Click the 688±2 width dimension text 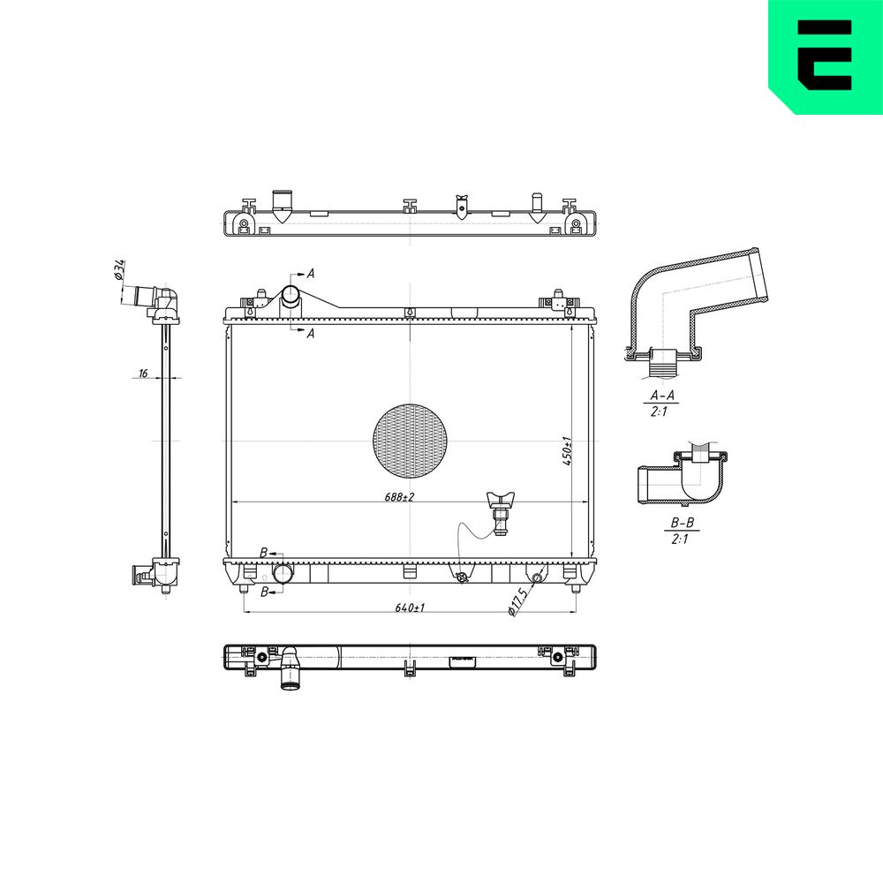[x=399, y=497]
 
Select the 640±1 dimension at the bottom [x=410, y=608]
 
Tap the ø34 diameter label [x=119, y=269]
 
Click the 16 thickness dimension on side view [x=143, y=374]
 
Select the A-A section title [x=662, y=396]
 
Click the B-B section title [x=682, y=523]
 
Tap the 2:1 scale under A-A [x=659, y=411]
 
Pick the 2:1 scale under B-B [x=680, y=539]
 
